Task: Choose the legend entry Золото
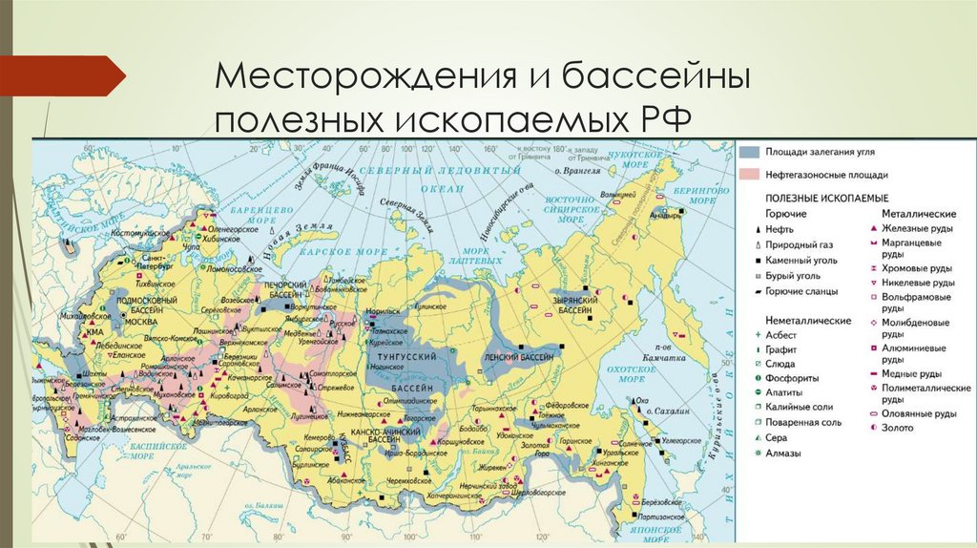point(898,428)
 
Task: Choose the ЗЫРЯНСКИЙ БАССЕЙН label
point(576,306)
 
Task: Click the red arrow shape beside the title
point(62,75)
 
